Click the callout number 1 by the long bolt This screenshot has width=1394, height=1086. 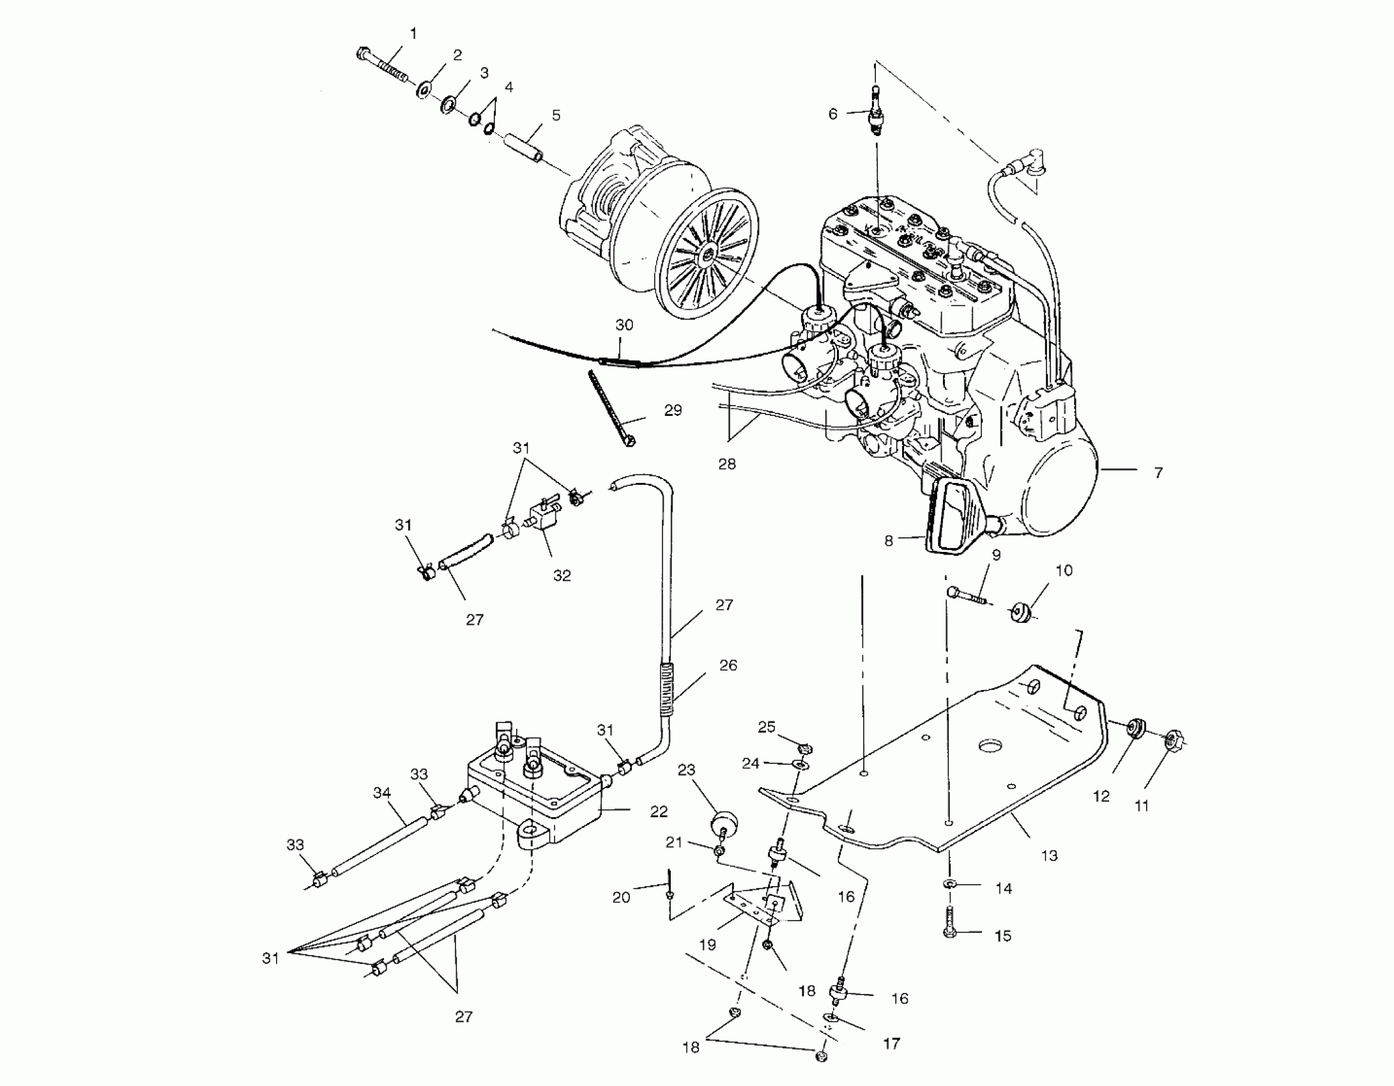(x=413, y=33)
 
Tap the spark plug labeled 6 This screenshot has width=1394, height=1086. (x=876, y=114)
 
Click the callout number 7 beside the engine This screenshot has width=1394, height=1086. (x=1158, y=473)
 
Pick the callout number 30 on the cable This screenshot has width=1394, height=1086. (x=624, y=325)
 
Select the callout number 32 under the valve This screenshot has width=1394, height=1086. (x=562, y=576)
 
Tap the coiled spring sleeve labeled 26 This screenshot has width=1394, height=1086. (x=667, y=691)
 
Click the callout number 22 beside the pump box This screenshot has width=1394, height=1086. (x=659, y=811)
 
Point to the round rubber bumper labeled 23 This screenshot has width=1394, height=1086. (x=724, y=822)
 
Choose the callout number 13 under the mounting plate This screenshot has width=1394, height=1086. (x=1049, y=855)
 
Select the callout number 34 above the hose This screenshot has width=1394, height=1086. (x=381, y=793)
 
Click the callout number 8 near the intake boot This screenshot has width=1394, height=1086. (x=888, y=541)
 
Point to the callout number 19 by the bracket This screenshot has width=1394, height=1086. (x=707, y=944)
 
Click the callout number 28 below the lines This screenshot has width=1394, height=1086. (x=727, y=464)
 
